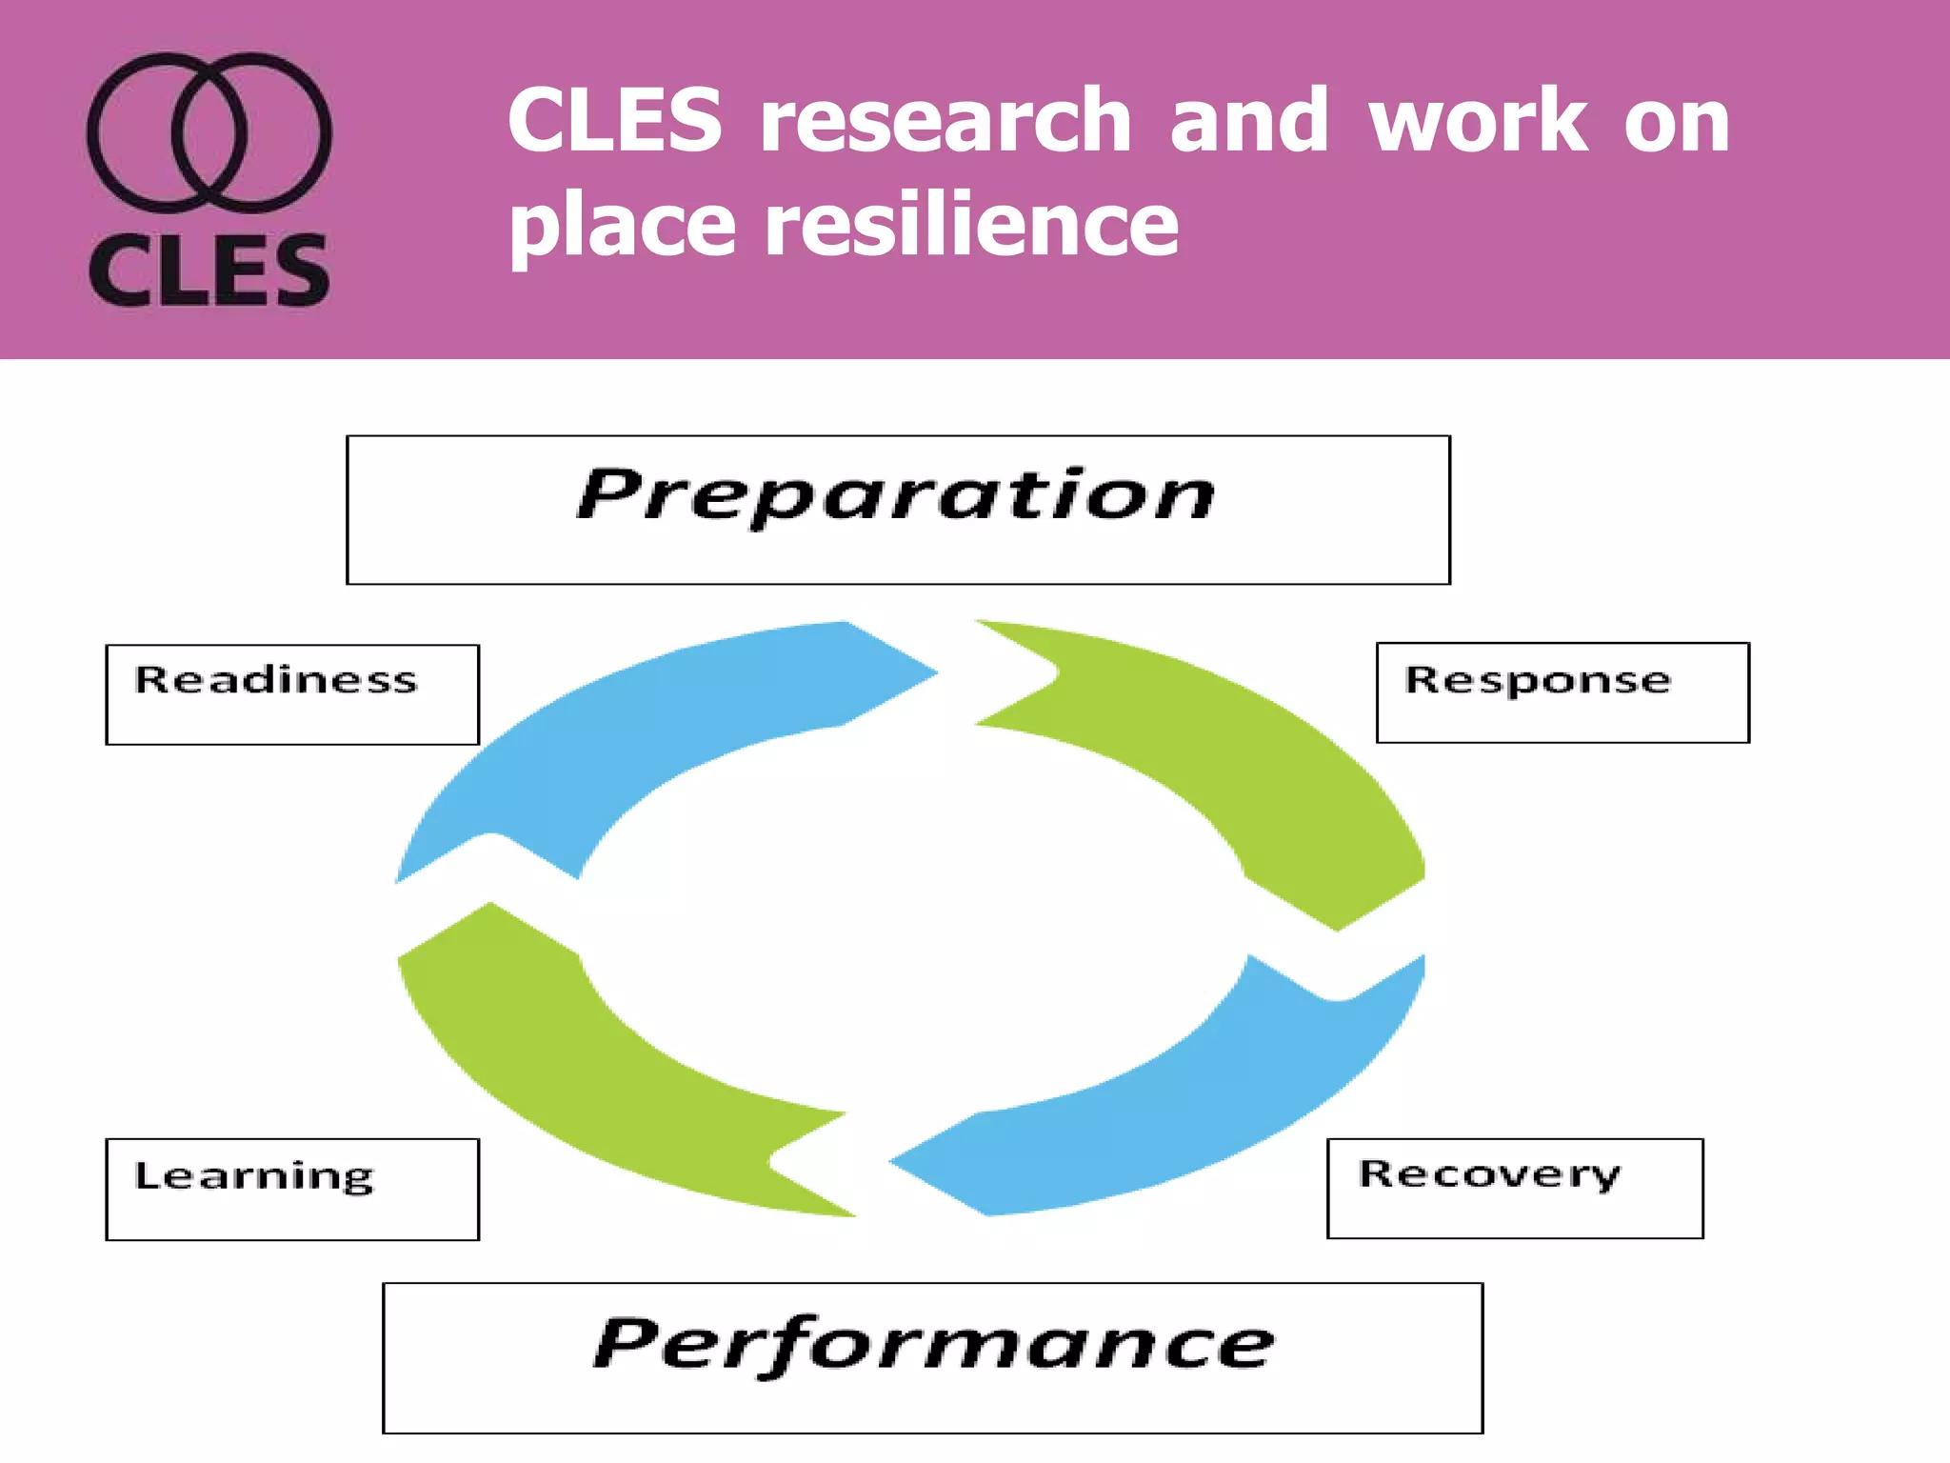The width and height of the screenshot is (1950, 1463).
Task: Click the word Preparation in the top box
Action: [896, 495]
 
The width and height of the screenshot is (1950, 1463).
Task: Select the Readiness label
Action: [276, 680]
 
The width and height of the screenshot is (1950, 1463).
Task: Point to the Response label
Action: [1538, 680]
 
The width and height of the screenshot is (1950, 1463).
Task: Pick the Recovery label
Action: [1488, 1173]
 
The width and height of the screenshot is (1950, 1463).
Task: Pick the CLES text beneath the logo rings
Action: [209, 271]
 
